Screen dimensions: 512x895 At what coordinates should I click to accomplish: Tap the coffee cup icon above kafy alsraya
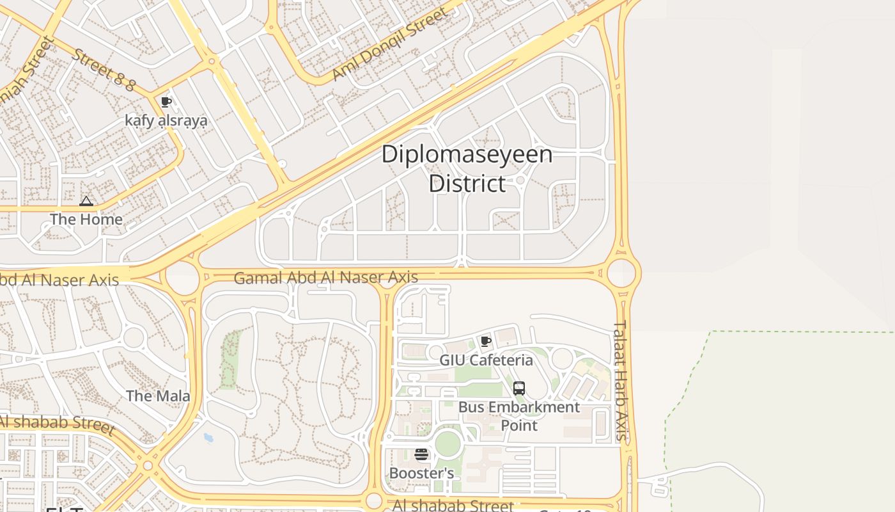click(166, 102)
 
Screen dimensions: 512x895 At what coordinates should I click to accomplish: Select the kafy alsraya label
click(166, 121)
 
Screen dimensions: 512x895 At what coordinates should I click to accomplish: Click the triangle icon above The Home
click(86, 202)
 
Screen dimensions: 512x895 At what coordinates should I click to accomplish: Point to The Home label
click(86, 220)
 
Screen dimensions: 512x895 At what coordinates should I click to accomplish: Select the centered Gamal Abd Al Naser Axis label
click(326, 278)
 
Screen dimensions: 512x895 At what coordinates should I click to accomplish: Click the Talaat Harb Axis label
click(621, 381)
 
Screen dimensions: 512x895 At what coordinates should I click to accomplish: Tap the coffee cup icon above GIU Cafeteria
click(486, 341)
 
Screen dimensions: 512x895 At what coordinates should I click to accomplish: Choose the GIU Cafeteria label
click(486, 360)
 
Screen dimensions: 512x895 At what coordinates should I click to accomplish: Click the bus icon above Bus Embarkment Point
click(519, 388)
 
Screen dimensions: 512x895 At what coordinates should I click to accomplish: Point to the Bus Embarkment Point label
click(519, 416)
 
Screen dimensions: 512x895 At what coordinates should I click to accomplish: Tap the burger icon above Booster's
click(421, 455)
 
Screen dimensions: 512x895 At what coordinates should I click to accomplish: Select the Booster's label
click(421, 474)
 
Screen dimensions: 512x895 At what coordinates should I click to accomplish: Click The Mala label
click(158, 396)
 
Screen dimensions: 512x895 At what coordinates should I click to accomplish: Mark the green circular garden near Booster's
click(447, 444)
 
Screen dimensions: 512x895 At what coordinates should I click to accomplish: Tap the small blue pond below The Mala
click(208, 438)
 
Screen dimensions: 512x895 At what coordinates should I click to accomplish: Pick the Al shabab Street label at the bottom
click(453, 506)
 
